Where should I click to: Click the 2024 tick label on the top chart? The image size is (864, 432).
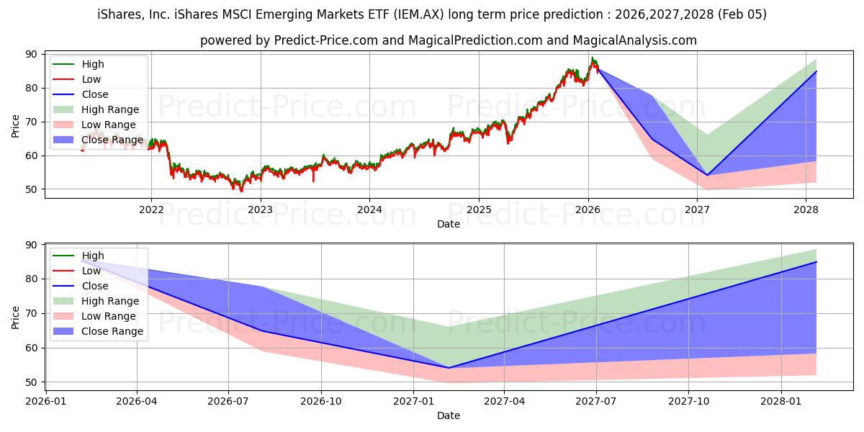[369, 210]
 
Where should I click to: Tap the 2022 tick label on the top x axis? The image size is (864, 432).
[151, 210]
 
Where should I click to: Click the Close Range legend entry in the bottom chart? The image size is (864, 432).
[112, 331]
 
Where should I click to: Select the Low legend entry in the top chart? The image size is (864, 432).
[91, 79]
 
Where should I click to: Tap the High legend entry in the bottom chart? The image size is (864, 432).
[93, 256]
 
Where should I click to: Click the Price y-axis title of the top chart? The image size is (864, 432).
[16, 125]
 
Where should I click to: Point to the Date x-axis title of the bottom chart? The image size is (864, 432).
[449, 415]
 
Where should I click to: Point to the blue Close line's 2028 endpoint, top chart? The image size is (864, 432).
[816, 71]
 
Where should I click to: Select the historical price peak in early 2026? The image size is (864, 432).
[592, 58]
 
